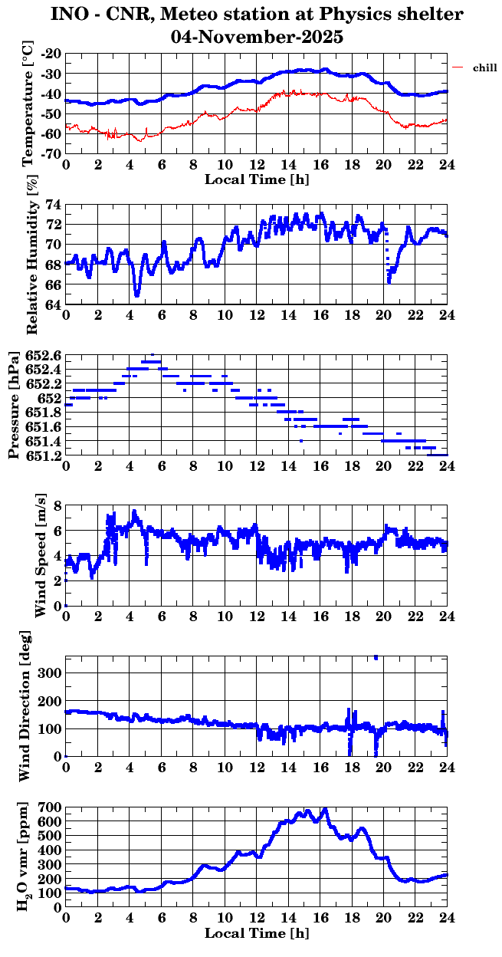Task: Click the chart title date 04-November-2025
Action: pos(257,36)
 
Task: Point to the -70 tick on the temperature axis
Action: pos(52,153)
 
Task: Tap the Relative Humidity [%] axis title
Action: pos(31,255)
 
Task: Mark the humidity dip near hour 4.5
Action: pos(136,294)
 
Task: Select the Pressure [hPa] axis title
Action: pos(13,406)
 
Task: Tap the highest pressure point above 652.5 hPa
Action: pos(153,355)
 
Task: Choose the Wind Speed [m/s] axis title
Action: pos(41,555)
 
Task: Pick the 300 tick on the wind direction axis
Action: pos(51,673)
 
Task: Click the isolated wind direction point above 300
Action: pos(376,657)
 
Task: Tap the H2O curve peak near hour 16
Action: pos(325,809)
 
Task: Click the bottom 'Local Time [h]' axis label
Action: pos(257,933)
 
